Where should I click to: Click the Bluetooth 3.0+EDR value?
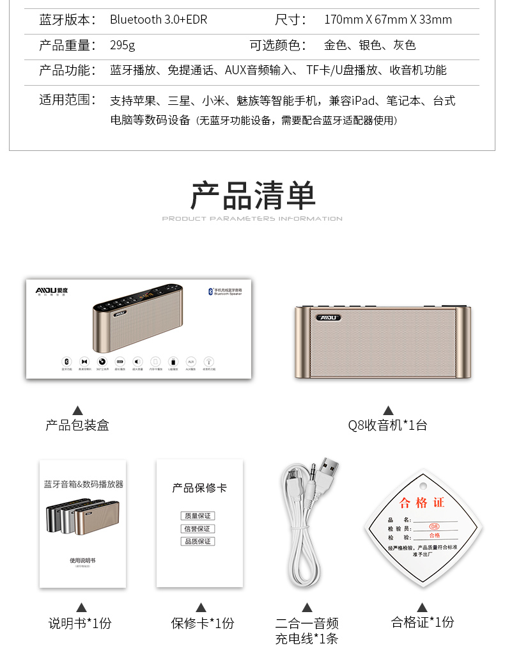[x=159, y=20]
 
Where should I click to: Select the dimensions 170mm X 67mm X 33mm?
[x=388, y=20]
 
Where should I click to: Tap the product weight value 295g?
[x=122, y=45]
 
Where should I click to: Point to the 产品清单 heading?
[x=253, y=196]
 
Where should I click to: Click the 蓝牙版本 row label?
[x=68, y=20]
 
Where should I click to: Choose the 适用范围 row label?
[x=68, y=100]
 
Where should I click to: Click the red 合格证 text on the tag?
[x=421, y=503]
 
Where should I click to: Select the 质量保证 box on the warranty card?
[x=198, y=516]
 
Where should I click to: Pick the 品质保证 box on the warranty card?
[x=198, y=542]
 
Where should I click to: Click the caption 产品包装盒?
[x=77, y=425]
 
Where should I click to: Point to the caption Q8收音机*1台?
[x=387, y=425]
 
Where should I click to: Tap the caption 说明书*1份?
[x=80, y=623]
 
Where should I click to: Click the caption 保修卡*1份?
[x=202, y=623]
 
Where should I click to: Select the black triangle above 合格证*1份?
[x=422, y=607]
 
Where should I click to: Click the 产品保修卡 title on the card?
[x=199, y=489]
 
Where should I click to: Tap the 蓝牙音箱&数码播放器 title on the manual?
[x=83, y=484]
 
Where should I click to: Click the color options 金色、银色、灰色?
[x=369, y=45]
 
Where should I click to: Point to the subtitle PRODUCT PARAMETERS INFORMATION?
[x=252, y=219]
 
